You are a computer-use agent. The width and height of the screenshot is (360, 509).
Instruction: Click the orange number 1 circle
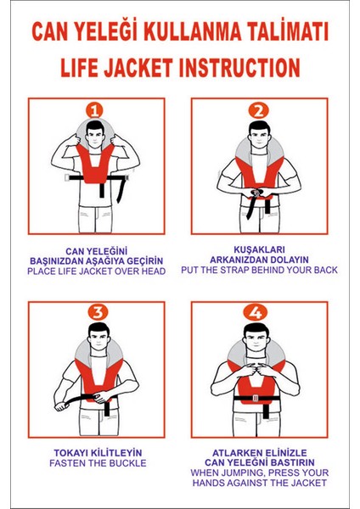click(94, 111)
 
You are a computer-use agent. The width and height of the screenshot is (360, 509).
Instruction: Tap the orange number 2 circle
click(259, 110)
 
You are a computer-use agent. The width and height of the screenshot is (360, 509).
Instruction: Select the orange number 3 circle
click(98, 312)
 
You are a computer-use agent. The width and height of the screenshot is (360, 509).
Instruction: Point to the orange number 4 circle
click(256, 313)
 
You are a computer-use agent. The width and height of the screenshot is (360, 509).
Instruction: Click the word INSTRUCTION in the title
click(239, 68)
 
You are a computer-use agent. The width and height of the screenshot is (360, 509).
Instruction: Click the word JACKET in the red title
click(138, 68)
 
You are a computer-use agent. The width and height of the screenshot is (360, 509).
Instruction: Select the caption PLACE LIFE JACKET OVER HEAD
click(97, 271)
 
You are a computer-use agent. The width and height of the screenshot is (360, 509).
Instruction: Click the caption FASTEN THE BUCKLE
click(98, 463)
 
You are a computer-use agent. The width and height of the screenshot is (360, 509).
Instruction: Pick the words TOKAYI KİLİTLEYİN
click(98, 453)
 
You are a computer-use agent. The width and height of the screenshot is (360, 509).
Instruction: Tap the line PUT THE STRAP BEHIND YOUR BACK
click(259, 270)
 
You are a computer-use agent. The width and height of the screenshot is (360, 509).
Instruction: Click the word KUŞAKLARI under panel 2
click(259, 249)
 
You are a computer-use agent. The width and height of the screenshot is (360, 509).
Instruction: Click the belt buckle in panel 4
click(256, 398)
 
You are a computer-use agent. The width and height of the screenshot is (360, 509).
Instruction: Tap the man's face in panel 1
click(94, 137)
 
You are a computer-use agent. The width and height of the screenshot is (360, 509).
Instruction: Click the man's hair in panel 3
click(98, 328)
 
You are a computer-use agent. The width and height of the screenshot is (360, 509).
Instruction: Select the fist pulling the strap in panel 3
click(60, 406)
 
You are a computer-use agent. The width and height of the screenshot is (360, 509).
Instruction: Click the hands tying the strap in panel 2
click(256, 193)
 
